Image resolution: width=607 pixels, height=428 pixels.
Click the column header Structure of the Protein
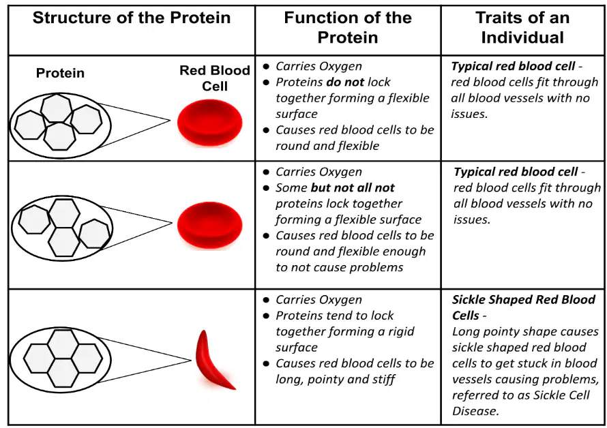[132, 18]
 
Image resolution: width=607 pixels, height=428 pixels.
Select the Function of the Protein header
[348, 27]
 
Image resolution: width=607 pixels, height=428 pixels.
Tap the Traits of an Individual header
[522, 27]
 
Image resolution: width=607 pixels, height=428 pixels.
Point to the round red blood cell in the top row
[210, 123]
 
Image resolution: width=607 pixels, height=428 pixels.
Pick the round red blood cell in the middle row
[210, 225]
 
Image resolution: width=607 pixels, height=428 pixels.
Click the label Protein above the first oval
[60, 73]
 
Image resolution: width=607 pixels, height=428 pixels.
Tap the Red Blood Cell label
[215, 78]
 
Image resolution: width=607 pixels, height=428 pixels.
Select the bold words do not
[345, 82]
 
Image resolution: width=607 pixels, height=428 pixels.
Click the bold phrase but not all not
[353, 187]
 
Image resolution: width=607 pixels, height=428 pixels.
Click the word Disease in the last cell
[475, 411]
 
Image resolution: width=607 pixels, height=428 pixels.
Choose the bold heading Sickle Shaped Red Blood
[524, 299]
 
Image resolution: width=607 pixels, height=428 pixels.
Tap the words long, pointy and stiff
[336, 380]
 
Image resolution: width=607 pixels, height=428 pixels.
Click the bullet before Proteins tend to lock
[266, 316]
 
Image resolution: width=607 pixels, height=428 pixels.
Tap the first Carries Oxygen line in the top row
[319, 67]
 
